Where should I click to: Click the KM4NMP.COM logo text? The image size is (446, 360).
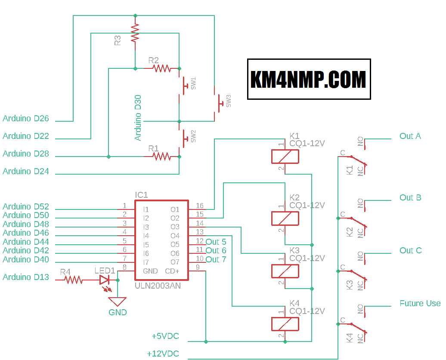pos(309,79)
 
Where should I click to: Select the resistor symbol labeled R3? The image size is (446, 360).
pos(136,32)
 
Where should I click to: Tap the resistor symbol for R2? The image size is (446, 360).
pos(162,68)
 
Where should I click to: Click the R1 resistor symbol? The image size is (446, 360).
pos(162,157)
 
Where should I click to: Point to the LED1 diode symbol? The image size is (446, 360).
pos(105,280)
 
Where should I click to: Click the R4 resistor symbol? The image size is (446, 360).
pos(74,280)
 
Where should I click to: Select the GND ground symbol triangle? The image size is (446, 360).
pos(118,302)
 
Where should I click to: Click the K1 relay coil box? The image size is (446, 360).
pos(285,157)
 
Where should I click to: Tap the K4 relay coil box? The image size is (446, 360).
pos(285,324)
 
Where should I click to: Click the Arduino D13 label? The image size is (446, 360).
pos(26,277)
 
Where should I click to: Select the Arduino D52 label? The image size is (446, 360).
pos(26,206)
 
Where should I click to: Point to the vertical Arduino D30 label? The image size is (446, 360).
pos(138,118)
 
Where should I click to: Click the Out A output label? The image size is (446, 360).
pos(410,136)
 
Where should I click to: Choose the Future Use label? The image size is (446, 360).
pos(420,303)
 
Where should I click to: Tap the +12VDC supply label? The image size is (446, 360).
pos(163,354)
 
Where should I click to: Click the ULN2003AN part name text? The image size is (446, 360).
pos(158,285)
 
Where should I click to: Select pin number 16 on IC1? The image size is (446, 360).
pos(200,206)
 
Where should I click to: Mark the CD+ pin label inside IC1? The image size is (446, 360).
pos(172,271)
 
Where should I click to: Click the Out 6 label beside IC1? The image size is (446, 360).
pos(216,250)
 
